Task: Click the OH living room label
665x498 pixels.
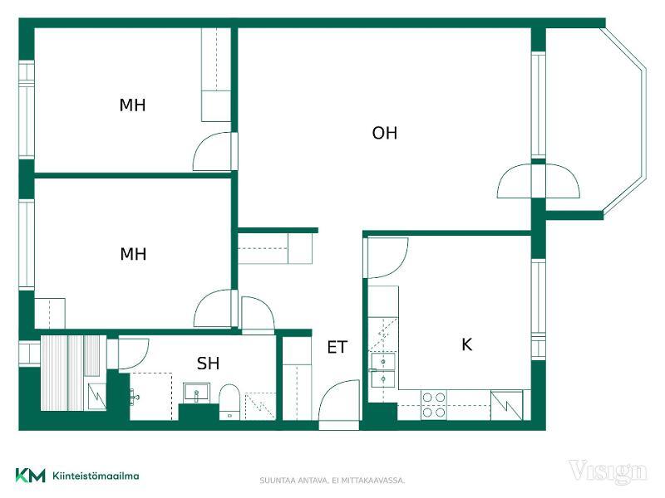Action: [385, 133]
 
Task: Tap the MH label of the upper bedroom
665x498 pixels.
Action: [132, 105]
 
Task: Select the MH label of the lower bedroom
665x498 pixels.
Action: [133, 254]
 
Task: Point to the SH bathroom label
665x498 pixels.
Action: [208, 364]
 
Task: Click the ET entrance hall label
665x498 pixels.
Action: [337, 347]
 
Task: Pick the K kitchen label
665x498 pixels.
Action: [466, 344]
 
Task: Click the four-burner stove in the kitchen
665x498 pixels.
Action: [434, 405]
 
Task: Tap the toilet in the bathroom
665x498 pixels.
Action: [229, 403]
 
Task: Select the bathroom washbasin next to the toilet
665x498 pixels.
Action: [196, 393]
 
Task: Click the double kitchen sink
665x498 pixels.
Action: [383, 370]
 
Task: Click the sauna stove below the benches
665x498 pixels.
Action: [97, 397]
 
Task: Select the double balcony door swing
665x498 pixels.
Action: [538, 181]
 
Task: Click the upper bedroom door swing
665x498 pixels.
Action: [213, 152]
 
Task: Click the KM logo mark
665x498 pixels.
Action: [31, 476]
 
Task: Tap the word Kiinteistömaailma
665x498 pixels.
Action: [96, 476]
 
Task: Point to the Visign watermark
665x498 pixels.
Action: [608, 471]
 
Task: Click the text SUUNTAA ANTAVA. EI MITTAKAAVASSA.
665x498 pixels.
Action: [332, 481]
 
